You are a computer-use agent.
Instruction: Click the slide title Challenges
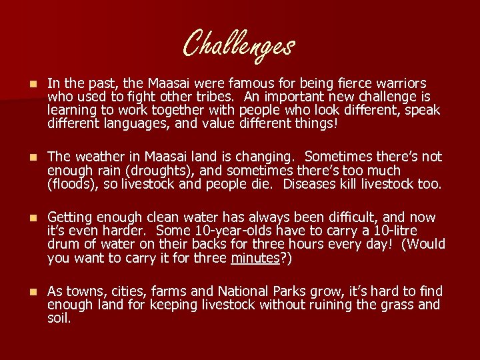[239, 45]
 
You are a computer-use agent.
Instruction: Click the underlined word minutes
[255, 257]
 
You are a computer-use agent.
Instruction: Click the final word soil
[59, 318]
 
